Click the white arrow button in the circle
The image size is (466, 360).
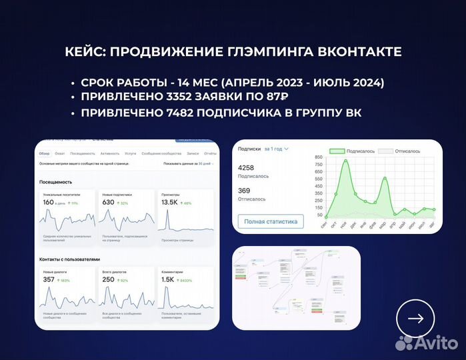tap(415, 319)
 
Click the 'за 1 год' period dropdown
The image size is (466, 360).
tap(276, 149)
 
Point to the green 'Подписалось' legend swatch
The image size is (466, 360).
tap(337, 151)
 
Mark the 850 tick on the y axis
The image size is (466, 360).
tap(318, 157)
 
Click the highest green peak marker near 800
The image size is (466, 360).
tap(345, 161)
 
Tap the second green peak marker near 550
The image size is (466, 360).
tap(385, 178)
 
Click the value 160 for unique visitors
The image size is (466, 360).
tap(48, 202)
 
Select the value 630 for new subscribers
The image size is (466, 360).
tap(108, 202)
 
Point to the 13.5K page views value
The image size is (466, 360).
tap(170, 202)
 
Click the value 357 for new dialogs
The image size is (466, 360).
tap(49, 279)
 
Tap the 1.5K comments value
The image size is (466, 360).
tap(168, 279)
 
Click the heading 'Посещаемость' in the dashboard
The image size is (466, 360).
tap(56, 181)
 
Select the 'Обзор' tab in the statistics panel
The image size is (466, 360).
tap(44, 153)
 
